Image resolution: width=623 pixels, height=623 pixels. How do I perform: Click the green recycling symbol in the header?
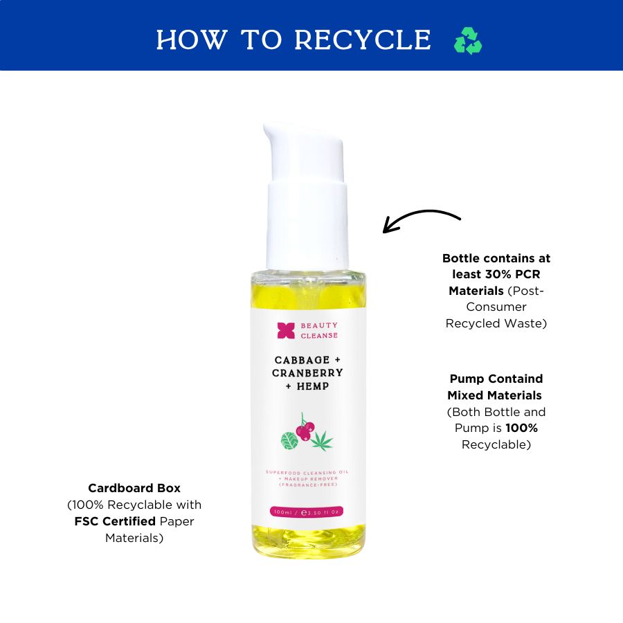[x=468, y=41]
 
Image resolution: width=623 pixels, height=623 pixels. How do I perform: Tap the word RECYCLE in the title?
[x=363, y=39]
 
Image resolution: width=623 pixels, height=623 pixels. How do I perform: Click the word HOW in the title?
[x=192, y=39]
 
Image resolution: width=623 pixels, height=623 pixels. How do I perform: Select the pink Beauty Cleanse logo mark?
[x=286, y=330]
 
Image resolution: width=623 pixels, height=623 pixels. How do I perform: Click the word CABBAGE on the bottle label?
[x=302, y=360]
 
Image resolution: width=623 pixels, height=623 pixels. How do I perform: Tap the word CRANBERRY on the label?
[x=307, y=373]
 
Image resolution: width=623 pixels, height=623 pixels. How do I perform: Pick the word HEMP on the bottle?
[x=313, y=386]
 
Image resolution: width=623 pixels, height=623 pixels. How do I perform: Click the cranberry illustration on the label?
[x=305, y=428]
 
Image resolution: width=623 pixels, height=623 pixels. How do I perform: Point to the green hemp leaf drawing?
[x=322, y=441]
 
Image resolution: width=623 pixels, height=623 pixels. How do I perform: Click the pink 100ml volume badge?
[x=307, y=512]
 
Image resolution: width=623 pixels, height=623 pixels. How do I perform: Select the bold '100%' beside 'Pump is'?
[x=522, y=428]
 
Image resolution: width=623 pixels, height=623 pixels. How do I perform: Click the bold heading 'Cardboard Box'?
[x=134, y=488]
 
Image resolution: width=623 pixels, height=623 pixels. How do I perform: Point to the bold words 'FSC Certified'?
[x=115, y=521]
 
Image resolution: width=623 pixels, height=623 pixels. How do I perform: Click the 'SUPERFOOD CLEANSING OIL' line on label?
[x=307, y=472]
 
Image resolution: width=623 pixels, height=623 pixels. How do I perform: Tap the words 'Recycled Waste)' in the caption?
[x=496, y=323]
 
